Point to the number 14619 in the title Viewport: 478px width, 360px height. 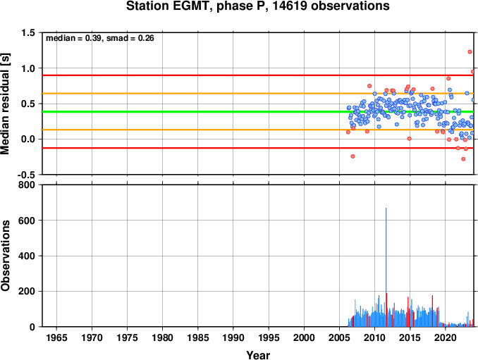[x=289, y=6]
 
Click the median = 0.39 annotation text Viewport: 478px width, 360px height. [x=73, y=38]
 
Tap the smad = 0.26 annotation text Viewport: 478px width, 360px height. [x=130, y=38]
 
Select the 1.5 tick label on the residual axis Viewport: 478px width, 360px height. [x=28, y=32]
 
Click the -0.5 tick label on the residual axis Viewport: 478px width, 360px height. [x=27, y=175]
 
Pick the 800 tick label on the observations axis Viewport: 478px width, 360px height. [x=27, y=185]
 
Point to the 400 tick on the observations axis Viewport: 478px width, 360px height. [x=27, y=256]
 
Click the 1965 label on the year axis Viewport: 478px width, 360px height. [x=56, y=337]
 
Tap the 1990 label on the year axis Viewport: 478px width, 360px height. [x=233, y=337]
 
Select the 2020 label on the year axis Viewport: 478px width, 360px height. [x=446, y=337]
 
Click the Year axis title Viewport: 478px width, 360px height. [x=258, y=355]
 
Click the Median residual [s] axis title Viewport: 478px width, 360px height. [x=5, y=104]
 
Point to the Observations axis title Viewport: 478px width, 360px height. [x=5, y=256]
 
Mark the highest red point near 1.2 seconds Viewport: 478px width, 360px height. [x=470, y=51]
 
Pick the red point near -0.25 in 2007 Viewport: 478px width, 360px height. [x=353, y=156]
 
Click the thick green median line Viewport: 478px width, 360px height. [x=258, y=112]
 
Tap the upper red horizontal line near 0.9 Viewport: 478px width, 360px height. [x=258, y=75]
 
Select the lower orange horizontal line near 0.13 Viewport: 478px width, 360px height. [x=258, y=130]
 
